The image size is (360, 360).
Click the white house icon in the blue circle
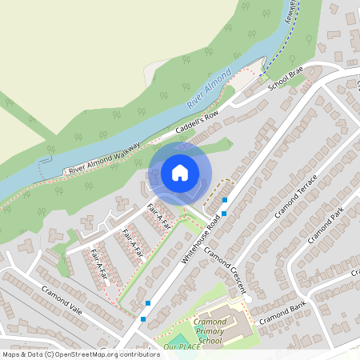(180, 173)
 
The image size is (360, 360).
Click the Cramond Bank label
(287, 308)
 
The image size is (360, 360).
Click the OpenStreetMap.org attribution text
(107, 354)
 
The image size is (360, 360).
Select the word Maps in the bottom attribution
(12, 354)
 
